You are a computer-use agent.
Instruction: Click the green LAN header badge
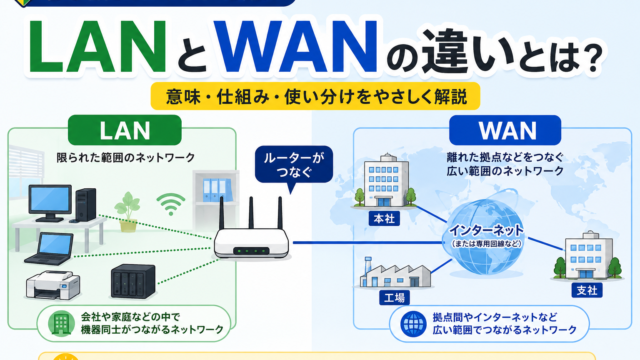pos(124,130)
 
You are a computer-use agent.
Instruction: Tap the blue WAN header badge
pos(505,130)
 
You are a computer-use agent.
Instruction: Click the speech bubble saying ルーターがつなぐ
pos(294,165)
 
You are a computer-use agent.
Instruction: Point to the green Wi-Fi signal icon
pos(171,204)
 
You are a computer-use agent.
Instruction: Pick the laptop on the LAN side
pos(50,249)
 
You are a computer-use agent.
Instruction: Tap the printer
pos(53,284)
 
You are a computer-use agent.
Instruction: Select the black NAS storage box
pos(133,281)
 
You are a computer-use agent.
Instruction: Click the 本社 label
pos(384,219)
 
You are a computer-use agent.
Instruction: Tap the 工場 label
pos(394,298)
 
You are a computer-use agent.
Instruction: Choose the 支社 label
pos(587,290)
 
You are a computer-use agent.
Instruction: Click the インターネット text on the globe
pos(486,231)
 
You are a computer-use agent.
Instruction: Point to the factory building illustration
pos(395,273)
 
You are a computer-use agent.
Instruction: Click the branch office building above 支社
pos(588,256)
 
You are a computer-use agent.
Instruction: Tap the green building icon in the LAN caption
pos(61,323)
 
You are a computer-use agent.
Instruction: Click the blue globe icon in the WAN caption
pos(413,324)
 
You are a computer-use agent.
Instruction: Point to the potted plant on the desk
pos(128,212)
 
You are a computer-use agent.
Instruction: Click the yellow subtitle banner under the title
pos(316,96)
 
